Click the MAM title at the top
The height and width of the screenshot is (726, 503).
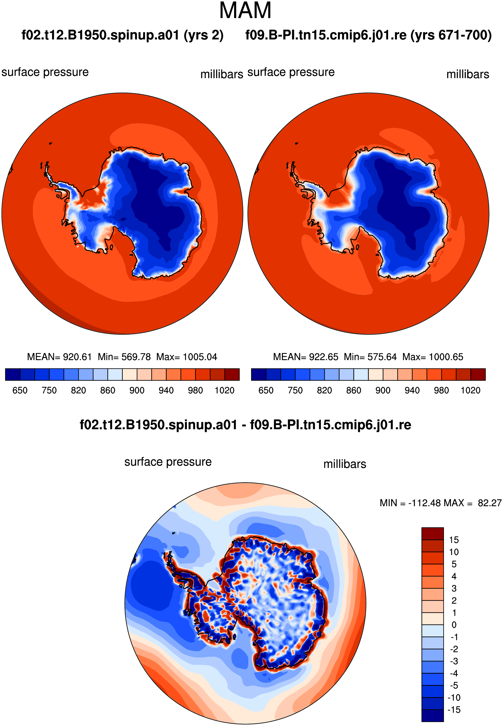(x=245, y=11)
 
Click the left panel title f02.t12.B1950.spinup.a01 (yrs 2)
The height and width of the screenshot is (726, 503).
(x=123, y=35)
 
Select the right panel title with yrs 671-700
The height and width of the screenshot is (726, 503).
(x=368, y=35)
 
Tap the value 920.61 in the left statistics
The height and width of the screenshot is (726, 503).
(x=77, y=357)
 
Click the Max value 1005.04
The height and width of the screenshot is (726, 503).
(x=200, y=357)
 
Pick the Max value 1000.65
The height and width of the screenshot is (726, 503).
(x=446, y=357)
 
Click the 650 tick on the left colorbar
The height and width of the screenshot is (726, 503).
(x=20, y=391)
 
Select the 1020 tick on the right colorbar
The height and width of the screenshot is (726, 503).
(x=471, y=391)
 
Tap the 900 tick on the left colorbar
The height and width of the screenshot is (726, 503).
(x=137, y=391)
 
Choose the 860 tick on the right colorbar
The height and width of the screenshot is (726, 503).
(x=354, y=391)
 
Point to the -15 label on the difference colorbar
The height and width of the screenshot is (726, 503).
(x=454, y=710)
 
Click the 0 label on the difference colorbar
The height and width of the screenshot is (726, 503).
(x=454, y=625)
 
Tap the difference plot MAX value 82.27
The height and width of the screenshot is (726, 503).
(x=490, y=503)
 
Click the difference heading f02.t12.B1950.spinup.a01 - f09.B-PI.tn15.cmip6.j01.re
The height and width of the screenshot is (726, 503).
(x=245, y=425)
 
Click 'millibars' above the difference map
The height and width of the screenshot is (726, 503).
(x=345, y=464)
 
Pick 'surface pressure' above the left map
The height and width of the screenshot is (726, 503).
(x=45, y=73)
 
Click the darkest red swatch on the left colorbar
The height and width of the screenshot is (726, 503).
(x=232, y=374)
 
